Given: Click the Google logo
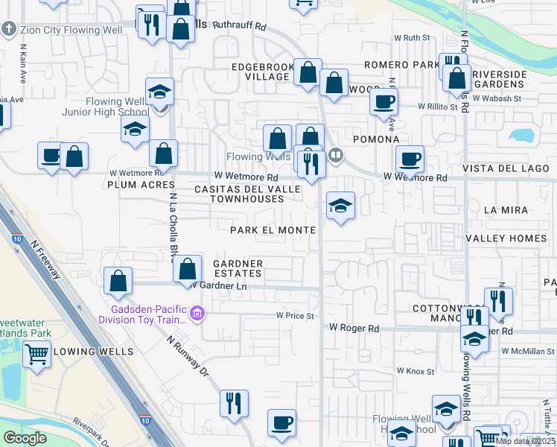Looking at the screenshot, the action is [25, 438].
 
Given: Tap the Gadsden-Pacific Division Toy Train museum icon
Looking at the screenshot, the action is [197, 314].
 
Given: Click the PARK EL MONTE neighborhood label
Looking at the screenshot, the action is [273, 230].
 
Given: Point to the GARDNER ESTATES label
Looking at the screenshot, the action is [238, 268].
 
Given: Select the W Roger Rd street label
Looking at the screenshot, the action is [354, 328].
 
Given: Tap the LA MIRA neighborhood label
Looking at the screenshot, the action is [500, 211].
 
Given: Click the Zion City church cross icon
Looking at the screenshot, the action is [9, 30].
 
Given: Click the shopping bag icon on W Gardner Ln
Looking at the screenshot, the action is [188, 268].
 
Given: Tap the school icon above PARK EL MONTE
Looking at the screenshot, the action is [340, 205].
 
